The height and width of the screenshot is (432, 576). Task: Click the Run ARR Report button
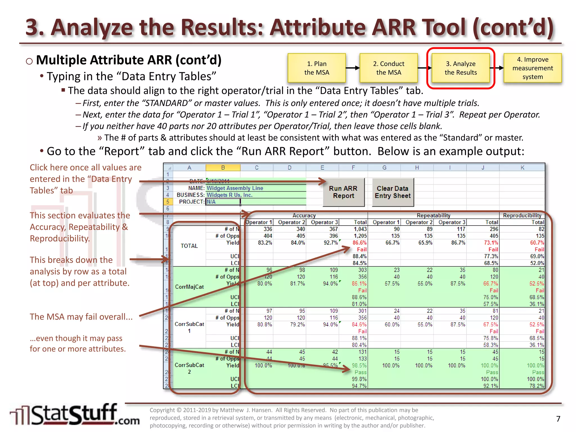coord(343,192)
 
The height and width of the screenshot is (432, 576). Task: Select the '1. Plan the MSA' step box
coord(317,68)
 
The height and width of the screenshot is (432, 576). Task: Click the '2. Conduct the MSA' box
coord(389,68)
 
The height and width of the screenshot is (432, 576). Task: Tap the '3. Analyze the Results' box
coord(461,68)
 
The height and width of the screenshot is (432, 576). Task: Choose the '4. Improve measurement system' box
coord(532,68)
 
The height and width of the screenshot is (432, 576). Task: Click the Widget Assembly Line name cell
coord(235,188)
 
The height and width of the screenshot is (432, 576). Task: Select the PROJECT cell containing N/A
coord(223,202)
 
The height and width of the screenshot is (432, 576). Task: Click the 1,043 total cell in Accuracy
coord(360,229)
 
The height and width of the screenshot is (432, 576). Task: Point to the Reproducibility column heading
coord(522,215)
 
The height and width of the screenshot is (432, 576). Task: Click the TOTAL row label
coord(189,246)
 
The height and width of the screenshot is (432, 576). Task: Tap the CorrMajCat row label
coord(189,287)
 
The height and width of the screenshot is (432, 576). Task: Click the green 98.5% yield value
coord(359,365)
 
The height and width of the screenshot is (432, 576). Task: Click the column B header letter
coord(223,168)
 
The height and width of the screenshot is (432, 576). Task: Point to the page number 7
coord(558,419)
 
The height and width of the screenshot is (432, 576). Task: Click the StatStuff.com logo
coord(75,415)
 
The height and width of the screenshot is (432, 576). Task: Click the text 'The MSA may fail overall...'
coord(81,317)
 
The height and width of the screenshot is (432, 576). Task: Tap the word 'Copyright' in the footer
coord(162,410)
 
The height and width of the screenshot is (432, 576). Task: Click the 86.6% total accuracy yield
coord(359,243)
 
